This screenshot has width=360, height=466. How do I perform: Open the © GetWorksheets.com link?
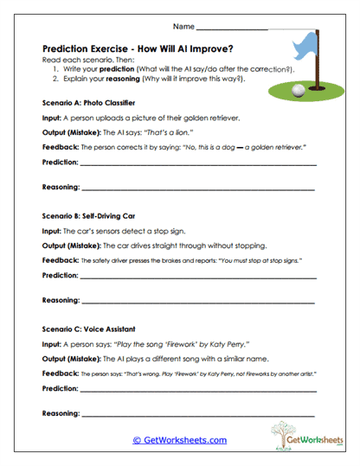(x=179, y=440)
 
